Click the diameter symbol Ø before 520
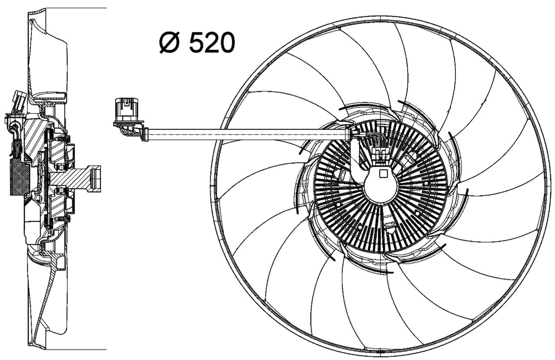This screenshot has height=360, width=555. tap(170, 43)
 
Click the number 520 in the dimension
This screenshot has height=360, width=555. tap(212, 43)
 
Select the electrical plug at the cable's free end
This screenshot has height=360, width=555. tap(127, 110)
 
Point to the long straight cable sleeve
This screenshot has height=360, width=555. tap(247, 134)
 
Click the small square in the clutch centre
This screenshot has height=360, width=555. tap(382, 174)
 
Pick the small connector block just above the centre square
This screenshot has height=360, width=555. tap(380, 155)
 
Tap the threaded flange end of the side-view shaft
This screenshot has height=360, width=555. tap(95, 178)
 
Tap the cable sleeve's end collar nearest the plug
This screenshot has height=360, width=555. tap(145, 134)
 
